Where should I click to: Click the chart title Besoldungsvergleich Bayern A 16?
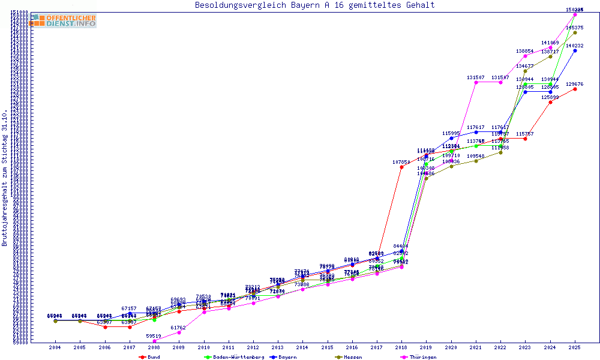(x=314, y=5)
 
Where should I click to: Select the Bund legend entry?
(x=149, y=357)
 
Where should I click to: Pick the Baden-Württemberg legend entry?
(x=234, y=357)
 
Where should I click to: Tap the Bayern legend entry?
(x=282, y=357)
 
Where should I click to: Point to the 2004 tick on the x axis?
(x=55, y=347)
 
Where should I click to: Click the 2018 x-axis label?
(x=401, y=347)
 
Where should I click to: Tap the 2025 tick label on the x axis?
(x=575, y=347)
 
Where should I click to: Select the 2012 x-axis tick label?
(x=253, y=347)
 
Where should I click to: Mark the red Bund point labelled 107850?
(x=401, y=167)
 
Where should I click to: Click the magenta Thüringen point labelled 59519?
(x=154, y=341)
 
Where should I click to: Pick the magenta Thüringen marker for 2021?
(x=476, y=82)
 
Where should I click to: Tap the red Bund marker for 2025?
(x=575, y=89)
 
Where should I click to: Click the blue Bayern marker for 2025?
(x=575, y=50)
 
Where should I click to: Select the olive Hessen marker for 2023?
(x=525, y=71)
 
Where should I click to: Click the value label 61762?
(x=179, y=328)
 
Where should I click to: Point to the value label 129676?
(x=575, y=84)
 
